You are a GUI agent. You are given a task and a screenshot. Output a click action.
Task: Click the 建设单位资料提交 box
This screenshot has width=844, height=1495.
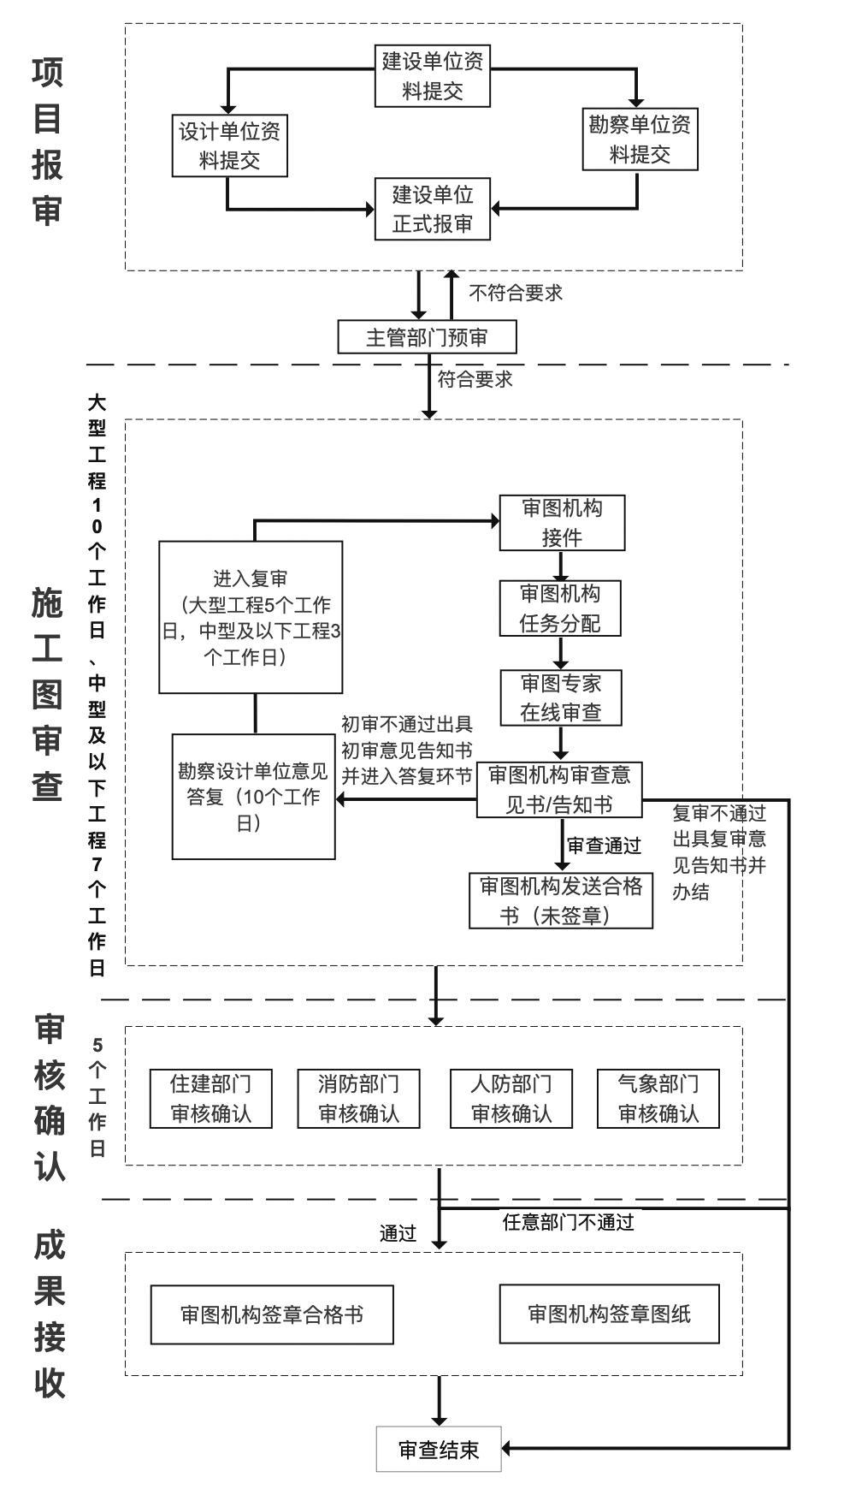pyautogui.click(x=433, y=76)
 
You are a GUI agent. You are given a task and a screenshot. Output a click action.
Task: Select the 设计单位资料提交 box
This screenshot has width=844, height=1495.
pyautogui.click(x=229, y=145)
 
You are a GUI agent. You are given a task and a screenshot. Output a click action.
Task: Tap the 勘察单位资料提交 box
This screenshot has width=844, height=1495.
pyautogui.click(x=640, y=139)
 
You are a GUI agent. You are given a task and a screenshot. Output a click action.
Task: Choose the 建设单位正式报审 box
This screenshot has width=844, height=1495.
pyautogui.click(x=433, y=209)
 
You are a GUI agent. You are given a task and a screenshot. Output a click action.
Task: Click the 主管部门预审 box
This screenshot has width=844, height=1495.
pyautogui.click(x=427, y=337)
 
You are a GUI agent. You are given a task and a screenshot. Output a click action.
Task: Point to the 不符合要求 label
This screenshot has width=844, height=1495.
pyautogui.click(x=516, y=293)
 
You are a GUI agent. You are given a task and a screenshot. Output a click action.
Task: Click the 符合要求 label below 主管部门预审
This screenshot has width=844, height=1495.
pyautogui.click(x=475, y=379)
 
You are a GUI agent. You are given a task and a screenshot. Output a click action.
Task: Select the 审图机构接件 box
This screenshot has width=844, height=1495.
pyautogui.click(x=562, y=523)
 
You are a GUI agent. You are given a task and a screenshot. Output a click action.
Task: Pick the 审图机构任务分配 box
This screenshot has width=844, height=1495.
pyautogui.click(x=560, y=608)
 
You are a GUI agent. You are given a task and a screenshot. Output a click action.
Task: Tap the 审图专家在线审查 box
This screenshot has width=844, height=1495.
pyautogui.click(x=561, y=697)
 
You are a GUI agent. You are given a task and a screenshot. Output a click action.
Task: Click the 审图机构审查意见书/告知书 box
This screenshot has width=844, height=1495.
pyautogui.click(x=559, y=789)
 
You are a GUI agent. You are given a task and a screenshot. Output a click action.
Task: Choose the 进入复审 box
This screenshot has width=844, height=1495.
pyautogui.click(x=251, y=616)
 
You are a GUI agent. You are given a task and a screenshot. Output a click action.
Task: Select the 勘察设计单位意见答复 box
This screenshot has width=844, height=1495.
pyautogui.click(x=253, y=796)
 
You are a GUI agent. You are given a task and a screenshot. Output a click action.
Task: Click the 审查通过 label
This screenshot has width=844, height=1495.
pyautogui.click(x=604, y=845)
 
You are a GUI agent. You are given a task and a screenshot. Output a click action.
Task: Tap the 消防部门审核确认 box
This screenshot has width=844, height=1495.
pyautogui.click(x=358, y=1099)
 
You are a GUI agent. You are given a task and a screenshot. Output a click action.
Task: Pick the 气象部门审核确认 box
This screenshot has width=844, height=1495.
pyautogui.click(x=658, y=1099)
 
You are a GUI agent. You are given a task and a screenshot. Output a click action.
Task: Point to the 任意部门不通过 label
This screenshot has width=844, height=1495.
pyautogui.click(x=569, y=1222)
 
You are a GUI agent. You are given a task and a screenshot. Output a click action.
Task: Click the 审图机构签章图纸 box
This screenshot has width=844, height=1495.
pyautogui.click(x=609, y=1314)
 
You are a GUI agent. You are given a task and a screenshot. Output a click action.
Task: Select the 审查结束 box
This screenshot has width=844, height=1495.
pyautogui.click(x=439, y=1449)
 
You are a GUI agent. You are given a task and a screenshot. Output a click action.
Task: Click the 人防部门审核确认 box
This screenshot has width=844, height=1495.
pyautogui.click(x=511, y=1099)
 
